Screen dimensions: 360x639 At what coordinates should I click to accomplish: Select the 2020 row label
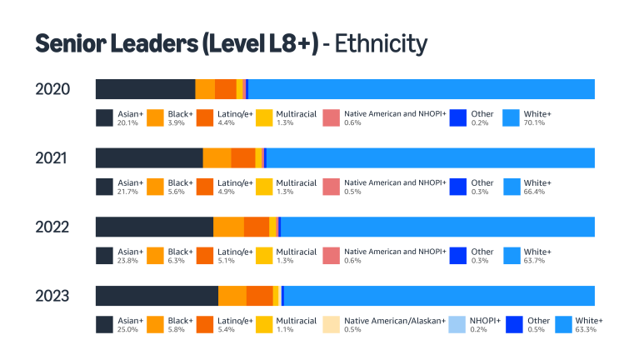click(x=52, y=89)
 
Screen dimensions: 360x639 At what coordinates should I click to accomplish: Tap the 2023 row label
click(x=52, y=296)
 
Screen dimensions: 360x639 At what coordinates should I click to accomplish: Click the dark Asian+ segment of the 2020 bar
click(x=145, y=89)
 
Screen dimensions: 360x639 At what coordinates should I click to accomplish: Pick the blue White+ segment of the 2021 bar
click(x=429, y=158)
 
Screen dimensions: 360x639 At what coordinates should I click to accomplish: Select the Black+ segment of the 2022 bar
click(x=228, y=227)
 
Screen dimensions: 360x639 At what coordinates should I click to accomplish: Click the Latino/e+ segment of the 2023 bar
click(x=259, y=296)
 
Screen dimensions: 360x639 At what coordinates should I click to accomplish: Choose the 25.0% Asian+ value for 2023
click(x=127, y=329)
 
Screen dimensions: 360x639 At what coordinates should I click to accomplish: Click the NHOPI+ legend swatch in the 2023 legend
click(x=457, y=324)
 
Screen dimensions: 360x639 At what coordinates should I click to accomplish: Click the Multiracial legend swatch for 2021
click(x=264, y=187)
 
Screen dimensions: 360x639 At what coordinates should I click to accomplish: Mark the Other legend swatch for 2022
click(x=457, y=255)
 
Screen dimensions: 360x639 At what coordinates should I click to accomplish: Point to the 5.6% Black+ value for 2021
click(x=175, y=192)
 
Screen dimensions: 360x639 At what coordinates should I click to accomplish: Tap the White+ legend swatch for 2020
click(x=511, y=117)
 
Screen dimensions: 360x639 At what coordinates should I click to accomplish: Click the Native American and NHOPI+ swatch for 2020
click(x=331, y=117)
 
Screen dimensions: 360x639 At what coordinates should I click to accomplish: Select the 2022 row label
click(x=52, y=227)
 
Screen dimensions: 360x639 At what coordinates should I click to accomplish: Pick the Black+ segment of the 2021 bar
click(x=217, y=158)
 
